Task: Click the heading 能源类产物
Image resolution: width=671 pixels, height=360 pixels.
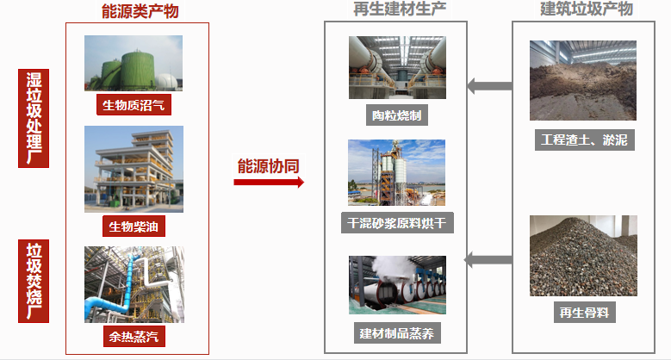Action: [138, 11]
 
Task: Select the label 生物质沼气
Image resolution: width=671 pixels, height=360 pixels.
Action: [134, 106]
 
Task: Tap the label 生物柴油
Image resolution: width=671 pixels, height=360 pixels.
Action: [134, 227]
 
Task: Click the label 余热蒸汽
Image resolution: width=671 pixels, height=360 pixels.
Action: [134, 335]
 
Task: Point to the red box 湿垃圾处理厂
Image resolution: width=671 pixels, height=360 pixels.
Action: [34, 118]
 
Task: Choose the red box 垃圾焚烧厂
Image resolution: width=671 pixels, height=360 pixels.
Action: [34, 281]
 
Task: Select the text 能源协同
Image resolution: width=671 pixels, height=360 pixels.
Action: [269, 165]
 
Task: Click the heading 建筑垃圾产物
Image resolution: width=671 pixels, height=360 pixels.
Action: [586, 9]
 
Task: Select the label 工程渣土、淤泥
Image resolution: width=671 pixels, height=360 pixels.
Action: [584, 140]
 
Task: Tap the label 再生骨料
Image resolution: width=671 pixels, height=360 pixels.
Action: [584, 312]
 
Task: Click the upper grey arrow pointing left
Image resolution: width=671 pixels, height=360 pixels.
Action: [488, 85]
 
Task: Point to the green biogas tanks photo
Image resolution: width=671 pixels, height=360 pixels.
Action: [134, 63]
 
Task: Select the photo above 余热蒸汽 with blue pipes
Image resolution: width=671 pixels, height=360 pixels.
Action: [134, 284]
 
